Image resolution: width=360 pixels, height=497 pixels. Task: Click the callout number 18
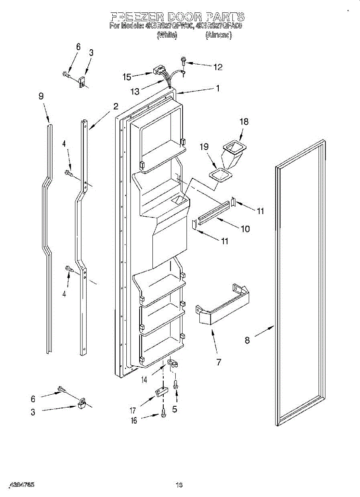[244, 121]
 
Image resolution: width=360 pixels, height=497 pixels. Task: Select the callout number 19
[203, 147]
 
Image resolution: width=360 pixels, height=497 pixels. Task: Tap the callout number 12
[217, 67]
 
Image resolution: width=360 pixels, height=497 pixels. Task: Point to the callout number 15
[127, 77]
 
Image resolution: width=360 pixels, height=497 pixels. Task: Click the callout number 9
[41, 96]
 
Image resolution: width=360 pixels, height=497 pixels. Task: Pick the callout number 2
[116, 106]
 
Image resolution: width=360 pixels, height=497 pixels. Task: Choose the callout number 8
[247, 340]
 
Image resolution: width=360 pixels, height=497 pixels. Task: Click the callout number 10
[245, 229]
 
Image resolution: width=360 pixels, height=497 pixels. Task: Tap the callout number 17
[133, 411]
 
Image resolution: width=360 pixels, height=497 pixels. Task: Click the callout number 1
[217, 88]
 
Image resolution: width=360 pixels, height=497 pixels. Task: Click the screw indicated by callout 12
[183, 62]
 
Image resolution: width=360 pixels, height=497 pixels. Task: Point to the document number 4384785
[21, 484]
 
